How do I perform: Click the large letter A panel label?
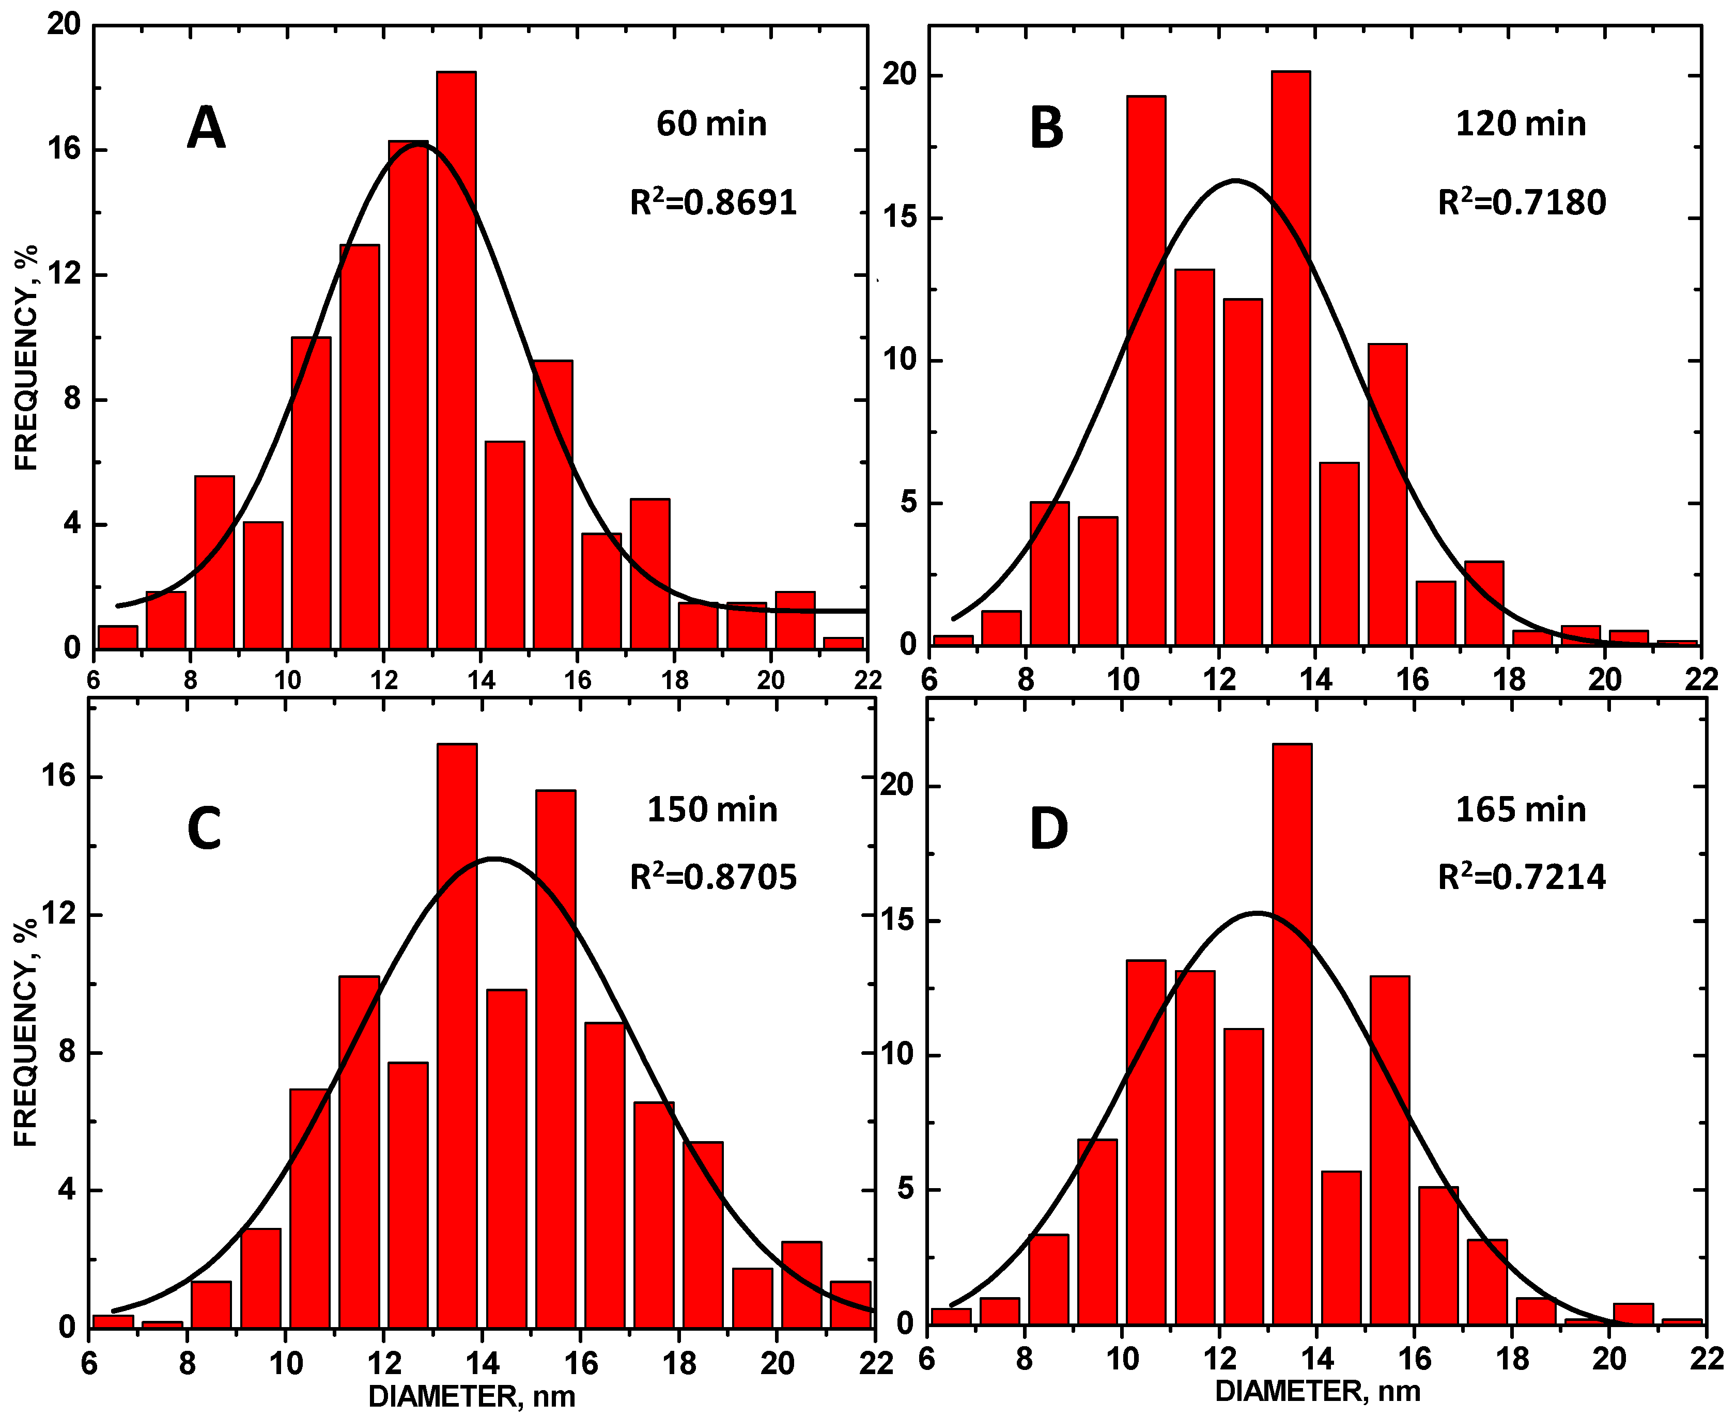[206, 128]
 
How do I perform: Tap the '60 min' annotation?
[711, 124]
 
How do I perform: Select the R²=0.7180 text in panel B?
[1521, 202]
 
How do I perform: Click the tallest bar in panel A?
[456, 360]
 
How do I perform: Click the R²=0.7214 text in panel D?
[1521, 877]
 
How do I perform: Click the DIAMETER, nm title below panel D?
[1317, 1391]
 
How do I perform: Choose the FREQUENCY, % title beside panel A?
[26, 357]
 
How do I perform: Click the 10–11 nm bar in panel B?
[1145, 369]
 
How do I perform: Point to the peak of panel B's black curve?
[1235, 180]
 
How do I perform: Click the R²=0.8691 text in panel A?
[712, 202]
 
